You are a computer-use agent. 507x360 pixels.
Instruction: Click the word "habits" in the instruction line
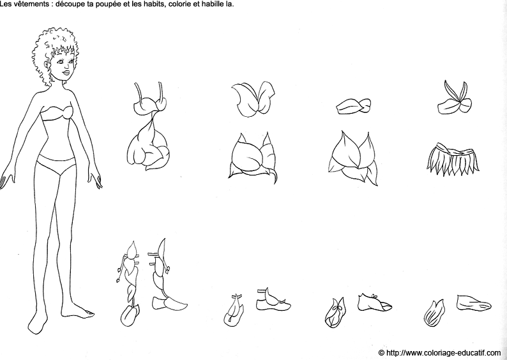click(158, 4)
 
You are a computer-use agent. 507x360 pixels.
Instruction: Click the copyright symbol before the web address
click(382, 352)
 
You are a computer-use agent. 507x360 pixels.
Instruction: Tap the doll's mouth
click(66, 72)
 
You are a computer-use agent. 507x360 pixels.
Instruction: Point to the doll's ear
click(49, 66)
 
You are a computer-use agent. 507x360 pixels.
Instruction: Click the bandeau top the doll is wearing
click(57, 114)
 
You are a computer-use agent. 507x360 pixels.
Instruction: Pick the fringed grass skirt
click(453, 160)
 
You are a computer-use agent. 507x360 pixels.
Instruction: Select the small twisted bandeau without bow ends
click(353, 106)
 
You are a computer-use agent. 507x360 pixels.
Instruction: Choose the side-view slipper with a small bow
click(374, 303)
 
